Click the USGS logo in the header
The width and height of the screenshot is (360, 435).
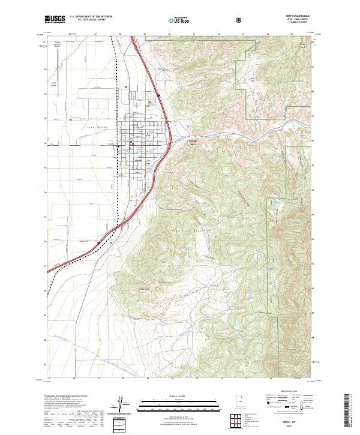(x=56, y=20)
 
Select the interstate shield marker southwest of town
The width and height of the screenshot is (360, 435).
(x=98, y=243)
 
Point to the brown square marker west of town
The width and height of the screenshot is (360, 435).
(x=70, y=118)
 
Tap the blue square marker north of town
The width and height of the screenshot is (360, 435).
(x=125, y=87)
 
